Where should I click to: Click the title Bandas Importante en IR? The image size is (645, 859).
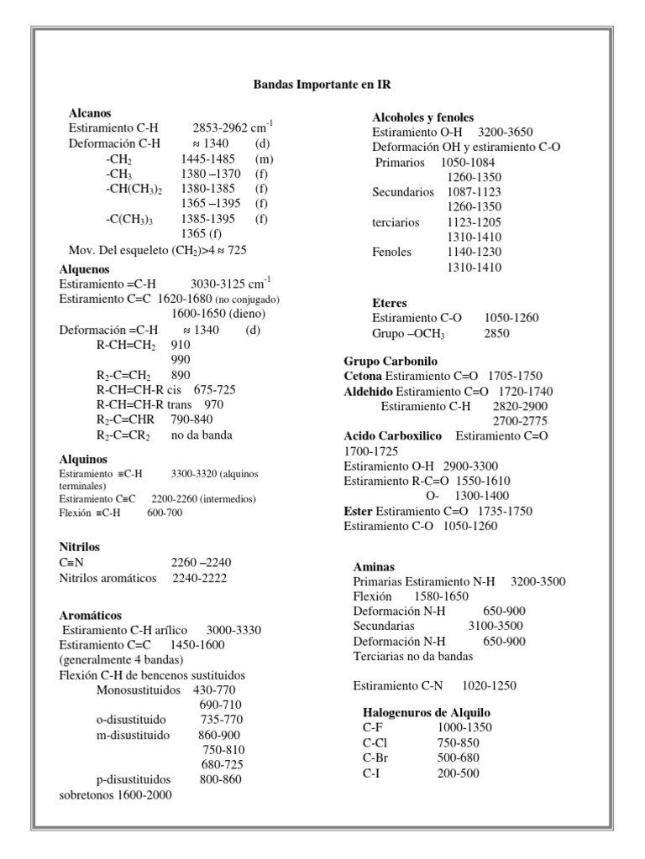coord(322,86)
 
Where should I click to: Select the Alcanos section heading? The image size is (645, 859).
coord(90,112)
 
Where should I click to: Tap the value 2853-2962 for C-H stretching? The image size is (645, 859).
coord(225,128)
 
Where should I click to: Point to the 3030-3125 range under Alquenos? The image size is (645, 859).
coord(222,284)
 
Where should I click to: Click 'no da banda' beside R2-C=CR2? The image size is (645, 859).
coord(202,435)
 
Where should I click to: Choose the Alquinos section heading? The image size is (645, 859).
coord(83,459)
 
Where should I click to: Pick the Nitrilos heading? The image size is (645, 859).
coord(80,546)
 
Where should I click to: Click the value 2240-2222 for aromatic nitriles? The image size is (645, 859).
coord(199,578)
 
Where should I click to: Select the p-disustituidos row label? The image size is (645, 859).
coord(134,778)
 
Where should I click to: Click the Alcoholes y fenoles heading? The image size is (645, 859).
coord(423,117)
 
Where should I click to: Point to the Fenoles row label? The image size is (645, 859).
coord(392,252)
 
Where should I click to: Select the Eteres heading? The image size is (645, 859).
coord(389,302)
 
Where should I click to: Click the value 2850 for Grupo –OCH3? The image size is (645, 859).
coord(496,334)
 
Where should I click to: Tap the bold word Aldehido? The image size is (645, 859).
coord(368,392)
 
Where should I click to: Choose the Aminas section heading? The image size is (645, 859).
coord(374,566)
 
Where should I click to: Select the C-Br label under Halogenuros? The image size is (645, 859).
coord(375,757)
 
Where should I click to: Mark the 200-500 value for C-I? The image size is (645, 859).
coord(458,773)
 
